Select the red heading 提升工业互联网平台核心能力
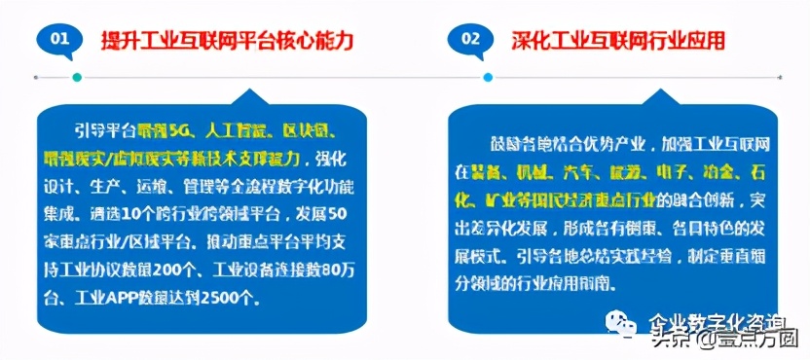pyautogui.click(x=227, y=41)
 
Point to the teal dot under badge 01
pyautogui.click(x=77, y=76)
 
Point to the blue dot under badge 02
pyautogui.click(x=488, y=76)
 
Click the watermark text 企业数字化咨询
pyautogui.click(x=710, y=322)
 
